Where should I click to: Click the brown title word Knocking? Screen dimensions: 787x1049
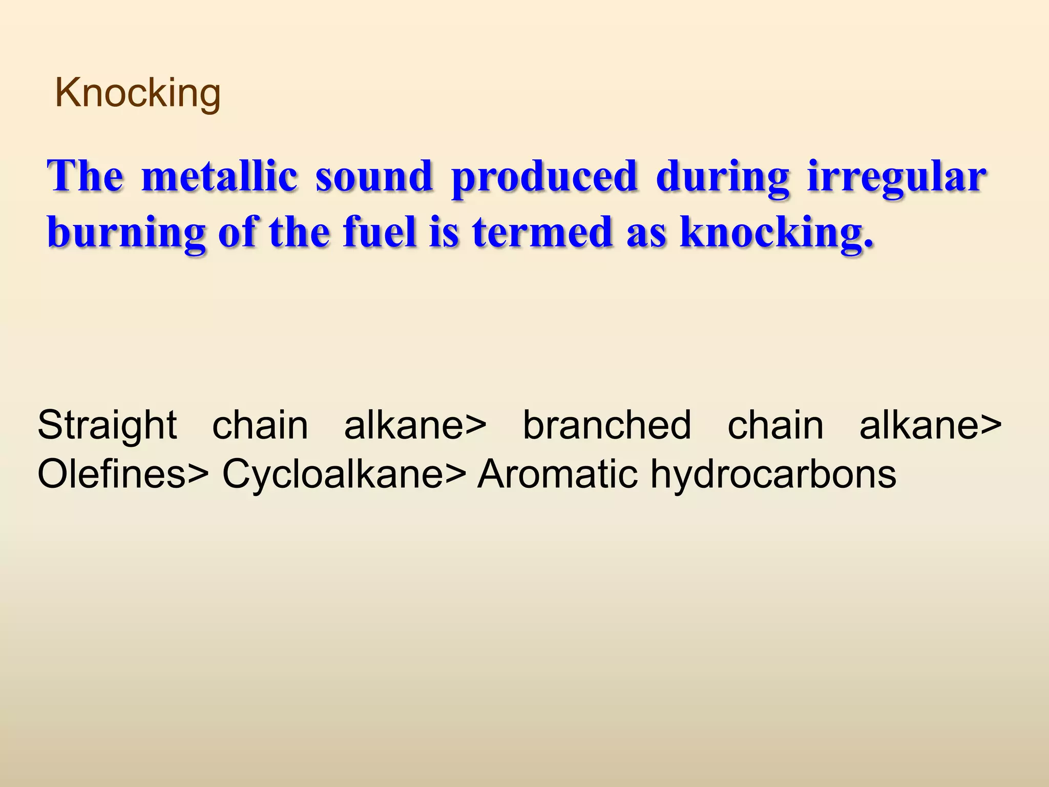coord(137,93)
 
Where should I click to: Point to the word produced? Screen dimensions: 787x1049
coord(544,177)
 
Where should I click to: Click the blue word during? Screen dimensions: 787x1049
coord(722,177)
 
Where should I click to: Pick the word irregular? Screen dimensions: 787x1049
coord(896,177)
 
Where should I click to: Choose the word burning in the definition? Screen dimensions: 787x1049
coord(126,233)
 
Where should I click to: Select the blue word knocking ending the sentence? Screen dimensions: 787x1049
coord(776,233)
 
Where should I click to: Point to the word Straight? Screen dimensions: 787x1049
coord(107,425)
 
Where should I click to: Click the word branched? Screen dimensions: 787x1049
coord(606,425)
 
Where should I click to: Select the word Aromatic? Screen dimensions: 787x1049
coord(558,474)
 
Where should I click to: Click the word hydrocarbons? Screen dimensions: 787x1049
coord(773,474)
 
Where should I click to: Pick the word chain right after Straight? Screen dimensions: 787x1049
coord(260,425)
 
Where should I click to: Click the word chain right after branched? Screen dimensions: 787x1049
coord(775,425)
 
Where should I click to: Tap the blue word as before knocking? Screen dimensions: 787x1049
coord(646,233)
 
